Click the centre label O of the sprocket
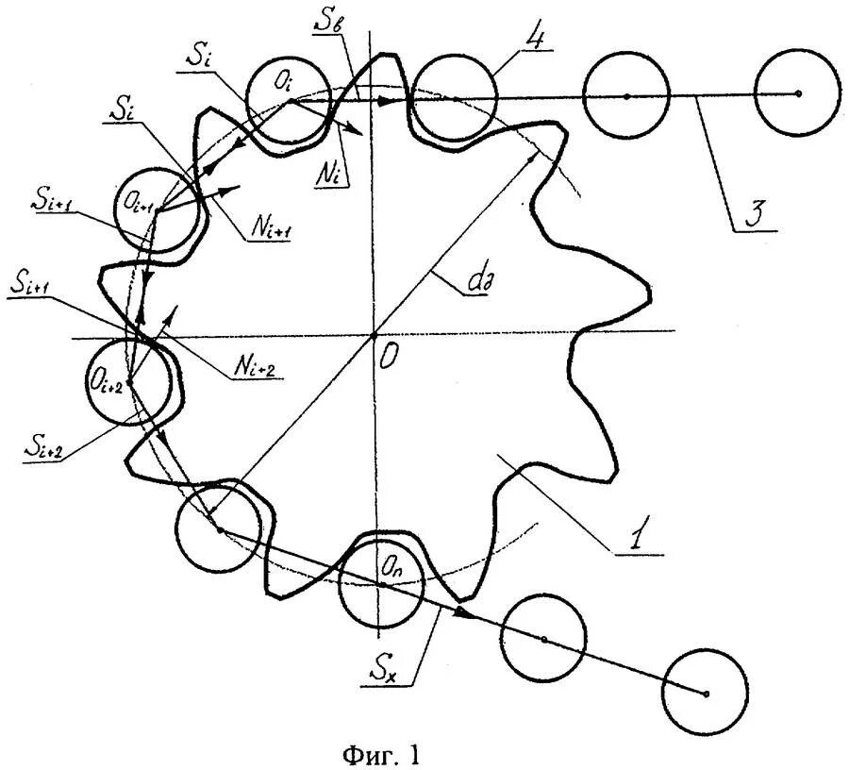pyautogui.click(x=389, y=356)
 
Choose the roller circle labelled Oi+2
pyautogui.click(x=128, y=382)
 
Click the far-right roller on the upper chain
pyautogui.click(x=797, y=94)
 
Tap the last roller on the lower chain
pyautogui.click(x=705, y=694)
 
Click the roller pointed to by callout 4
pyautogui.click(x=454, y=96)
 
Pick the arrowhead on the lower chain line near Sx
pyautogui.click(x=463, y=612)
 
